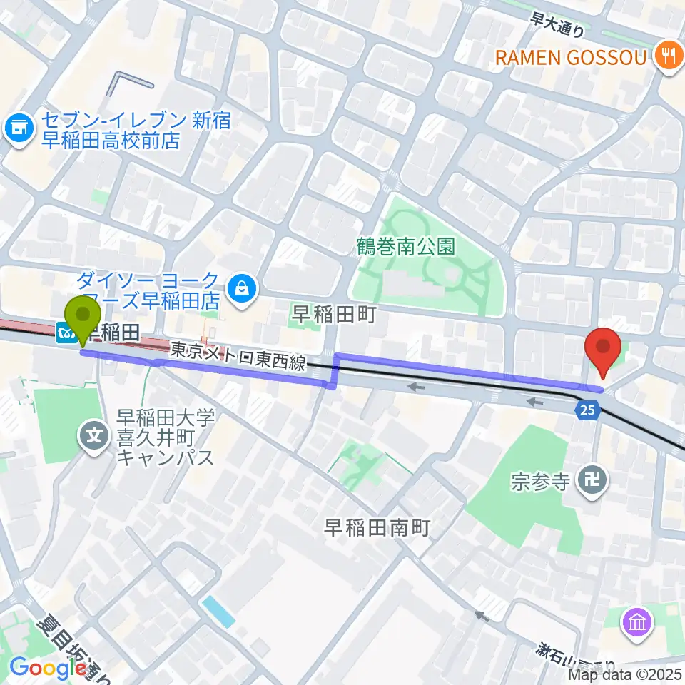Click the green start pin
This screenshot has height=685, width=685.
[83, 321]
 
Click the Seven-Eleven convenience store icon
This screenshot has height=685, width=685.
[17, 129]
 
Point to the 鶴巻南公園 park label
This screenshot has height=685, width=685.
[406, 247]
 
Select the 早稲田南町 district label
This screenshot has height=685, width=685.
[377, 527]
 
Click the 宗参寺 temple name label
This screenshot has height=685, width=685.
[540, 482]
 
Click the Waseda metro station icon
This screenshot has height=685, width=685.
[66, 333]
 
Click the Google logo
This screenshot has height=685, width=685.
[44, 668]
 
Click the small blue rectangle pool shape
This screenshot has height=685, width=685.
[218, 612]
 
